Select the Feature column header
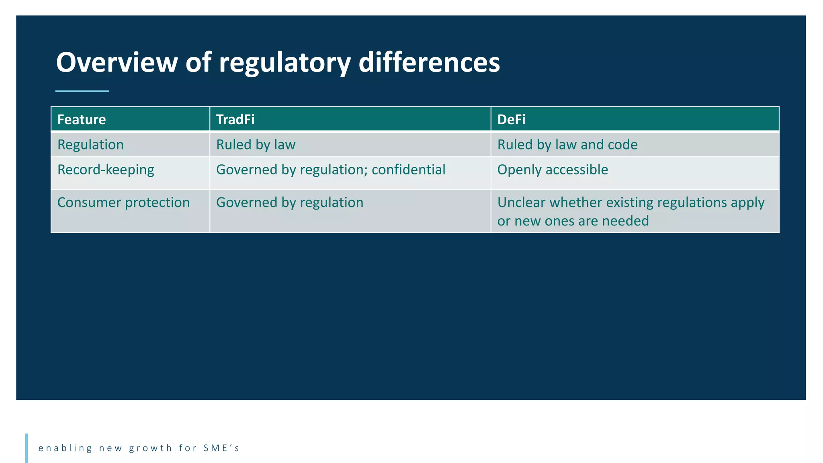tap(82, 119)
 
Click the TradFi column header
tap(235, 119)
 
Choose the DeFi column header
tap(511, 119)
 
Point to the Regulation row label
tap(90, 145)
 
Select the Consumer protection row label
tap(123, 203)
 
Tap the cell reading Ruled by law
tap(256, 145)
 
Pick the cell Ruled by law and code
tap(567, 145)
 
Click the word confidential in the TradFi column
tap(408, 170)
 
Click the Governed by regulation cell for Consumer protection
tap(289, 203)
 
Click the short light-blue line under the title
tap(82, 91)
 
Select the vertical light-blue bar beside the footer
tap(27, 448)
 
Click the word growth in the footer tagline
tap(151, 448)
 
